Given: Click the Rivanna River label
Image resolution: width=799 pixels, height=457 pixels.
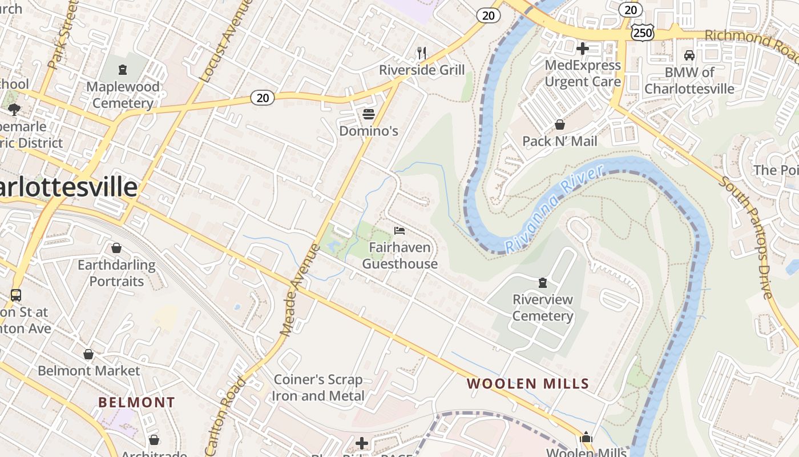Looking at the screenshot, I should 554,209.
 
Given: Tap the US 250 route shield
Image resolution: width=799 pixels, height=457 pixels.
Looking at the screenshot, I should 643,33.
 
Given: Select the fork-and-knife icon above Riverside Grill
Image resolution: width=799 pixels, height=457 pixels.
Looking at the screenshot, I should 422,53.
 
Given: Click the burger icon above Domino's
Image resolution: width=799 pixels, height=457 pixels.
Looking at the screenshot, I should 368,114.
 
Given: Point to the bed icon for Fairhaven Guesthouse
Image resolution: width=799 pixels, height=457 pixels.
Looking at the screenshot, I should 399,231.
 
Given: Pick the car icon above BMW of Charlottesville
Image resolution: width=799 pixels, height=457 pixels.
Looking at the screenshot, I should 689,55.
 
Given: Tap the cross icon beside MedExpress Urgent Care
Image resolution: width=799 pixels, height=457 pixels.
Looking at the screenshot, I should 582,49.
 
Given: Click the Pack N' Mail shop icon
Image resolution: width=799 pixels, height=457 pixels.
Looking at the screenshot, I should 560,125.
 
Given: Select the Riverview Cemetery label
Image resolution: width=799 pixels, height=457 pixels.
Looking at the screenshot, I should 542,307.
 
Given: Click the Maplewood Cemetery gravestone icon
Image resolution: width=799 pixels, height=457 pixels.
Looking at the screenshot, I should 122,70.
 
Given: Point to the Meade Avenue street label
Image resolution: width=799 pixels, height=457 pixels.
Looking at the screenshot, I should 300,290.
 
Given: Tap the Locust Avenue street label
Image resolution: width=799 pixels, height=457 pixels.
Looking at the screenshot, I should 225,40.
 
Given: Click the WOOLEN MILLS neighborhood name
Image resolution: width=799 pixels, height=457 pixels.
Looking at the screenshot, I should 528,384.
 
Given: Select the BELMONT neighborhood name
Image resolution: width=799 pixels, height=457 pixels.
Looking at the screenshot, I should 136,402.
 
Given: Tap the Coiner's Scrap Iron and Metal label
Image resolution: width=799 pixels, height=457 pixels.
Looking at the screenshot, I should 318,387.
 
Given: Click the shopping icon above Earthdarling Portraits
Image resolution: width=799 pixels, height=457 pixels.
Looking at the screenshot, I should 116,248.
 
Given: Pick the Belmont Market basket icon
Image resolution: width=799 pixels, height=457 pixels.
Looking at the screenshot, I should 88,354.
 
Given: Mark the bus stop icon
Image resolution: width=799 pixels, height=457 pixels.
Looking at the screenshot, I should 16,295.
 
